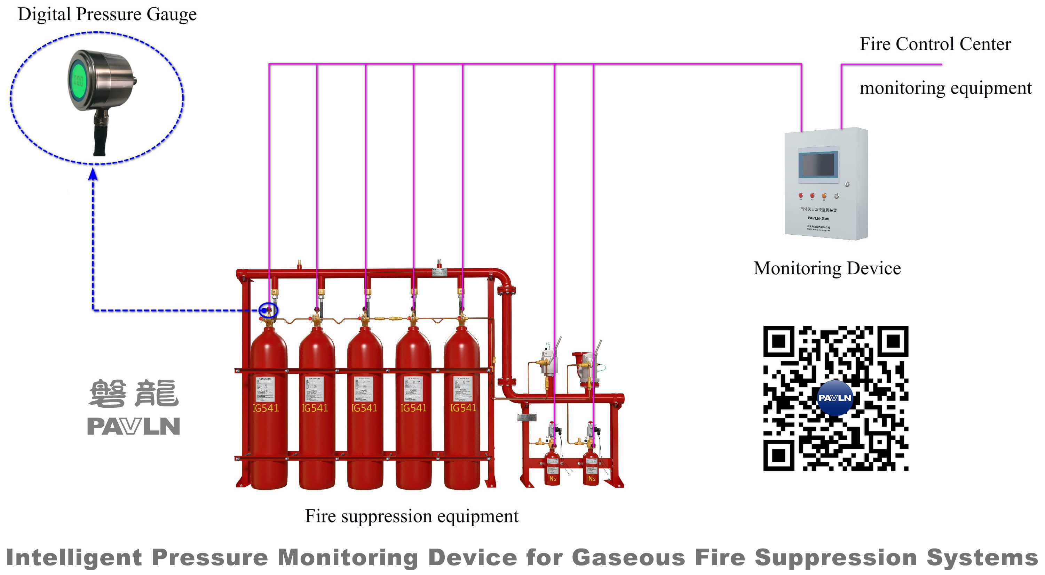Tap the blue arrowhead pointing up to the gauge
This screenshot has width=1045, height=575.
(x=93, y=174)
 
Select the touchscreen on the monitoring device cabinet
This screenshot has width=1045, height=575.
(x=818, y=164)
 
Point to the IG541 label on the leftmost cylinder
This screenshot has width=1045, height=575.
(x=266, y=408)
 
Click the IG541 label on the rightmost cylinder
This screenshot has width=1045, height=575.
(x=463, y=408)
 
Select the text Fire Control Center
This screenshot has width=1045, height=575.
(x=935, y=44)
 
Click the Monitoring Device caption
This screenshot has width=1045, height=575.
(x=827, y=269)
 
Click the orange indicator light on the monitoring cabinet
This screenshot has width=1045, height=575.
(x=824, y=196)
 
